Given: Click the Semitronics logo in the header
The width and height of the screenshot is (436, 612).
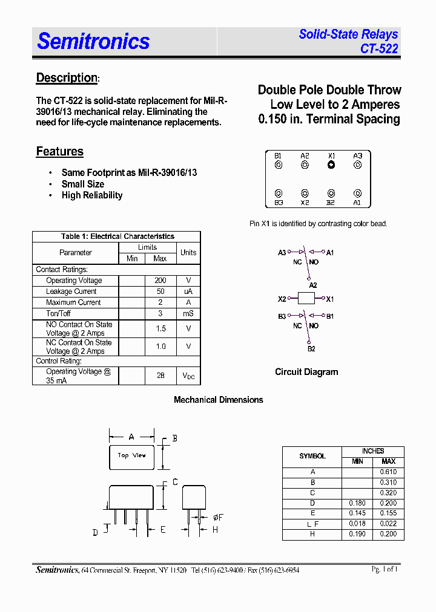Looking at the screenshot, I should [x=93, y=41].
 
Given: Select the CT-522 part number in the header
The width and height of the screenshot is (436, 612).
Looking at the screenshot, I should [x=379, y=49].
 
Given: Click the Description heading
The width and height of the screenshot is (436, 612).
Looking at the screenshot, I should [x=67, y=78].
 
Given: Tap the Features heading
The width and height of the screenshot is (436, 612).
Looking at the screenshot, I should [x=59, y=152].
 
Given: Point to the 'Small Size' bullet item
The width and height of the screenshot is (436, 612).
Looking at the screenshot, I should [x=83, y=184].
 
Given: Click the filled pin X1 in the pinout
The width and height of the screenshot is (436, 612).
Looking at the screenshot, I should [x=331, y=165].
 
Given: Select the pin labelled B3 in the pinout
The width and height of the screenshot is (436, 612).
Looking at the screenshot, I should [x=279, y=194].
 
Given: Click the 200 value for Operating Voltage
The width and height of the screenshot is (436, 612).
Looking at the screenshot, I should [x=160, y=281].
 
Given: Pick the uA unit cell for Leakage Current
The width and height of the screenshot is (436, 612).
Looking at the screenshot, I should [x=188, y=291].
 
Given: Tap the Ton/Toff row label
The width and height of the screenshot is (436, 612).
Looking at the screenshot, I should [x=59, y=313].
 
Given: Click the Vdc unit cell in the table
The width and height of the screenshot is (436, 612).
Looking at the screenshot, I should [x=188, y=376].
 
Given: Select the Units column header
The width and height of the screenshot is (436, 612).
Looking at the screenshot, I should [x=188, y=252].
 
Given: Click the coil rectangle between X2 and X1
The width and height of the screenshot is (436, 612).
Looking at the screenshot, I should [x=306, y=299].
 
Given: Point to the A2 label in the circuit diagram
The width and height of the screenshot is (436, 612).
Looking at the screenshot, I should [x=312, y=285].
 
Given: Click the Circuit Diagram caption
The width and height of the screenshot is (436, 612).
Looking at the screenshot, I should [x=306, y=372].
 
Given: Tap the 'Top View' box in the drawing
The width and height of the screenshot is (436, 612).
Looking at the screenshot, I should [x=131, y=456].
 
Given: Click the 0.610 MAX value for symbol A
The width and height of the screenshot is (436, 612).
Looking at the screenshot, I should [x=388, y=472].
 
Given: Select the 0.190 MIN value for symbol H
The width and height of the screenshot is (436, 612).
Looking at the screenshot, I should [x=357, y=535].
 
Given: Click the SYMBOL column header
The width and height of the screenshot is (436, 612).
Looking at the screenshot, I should [x=312, y=456].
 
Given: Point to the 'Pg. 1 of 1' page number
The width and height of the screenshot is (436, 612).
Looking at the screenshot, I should [x=385, y=569].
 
